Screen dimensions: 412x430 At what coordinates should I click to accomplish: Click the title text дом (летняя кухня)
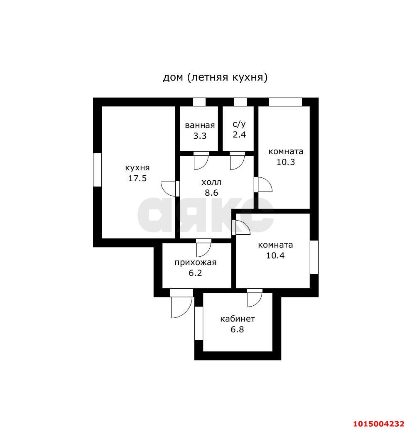pyautogui.click(x=215, y=77)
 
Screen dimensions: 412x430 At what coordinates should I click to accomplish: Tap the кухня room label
pyautogui.click(x=137, y=167)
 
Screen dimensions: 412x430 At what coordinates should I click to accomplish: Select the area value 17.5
pyautogui.click(x=137, y=178)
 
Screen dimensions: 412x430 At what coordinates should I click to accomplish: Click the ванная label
pyautogui.click(x=200, y=125)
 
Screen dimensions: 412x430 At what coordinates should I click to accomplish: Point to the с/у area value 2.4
pyautogui.click(x=239, y=135)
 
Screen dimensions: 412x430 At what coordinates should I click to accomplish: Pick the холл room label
pyautogui.click(x=211, y=182)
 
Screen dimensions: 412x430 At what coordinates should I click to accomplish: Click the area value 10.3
pyautogui.click(x=286, y=162)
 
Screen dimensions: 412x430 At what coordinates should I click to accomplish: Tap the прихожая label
pyautogui.click(x=196, y=263)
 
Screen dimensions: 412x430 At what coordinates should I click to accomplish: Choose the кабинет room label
pyautogui.click(x=238, y=319)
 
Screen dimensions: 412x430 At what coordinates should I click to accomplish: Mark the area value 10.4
pyautogui.click(x=275, y=256)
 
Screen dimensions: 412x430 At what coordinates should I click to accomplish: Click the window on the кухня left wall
pyautogui.click(x=97, y=170)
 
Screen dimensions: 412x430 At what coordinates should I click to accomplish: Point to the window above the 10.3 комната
pyautogui.click(x=285, y=102)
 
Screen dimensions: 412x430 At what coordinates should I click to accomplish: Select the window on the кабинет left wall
pyautogui.click(x=199, y=323)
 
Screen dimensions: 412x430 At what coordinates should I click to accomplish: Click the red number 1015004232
pyautogui.click(x=378, y=424)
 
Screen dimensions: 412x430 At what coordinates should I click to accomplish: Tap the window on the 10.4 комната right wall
pyautogui.click(x=314, y=257)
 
